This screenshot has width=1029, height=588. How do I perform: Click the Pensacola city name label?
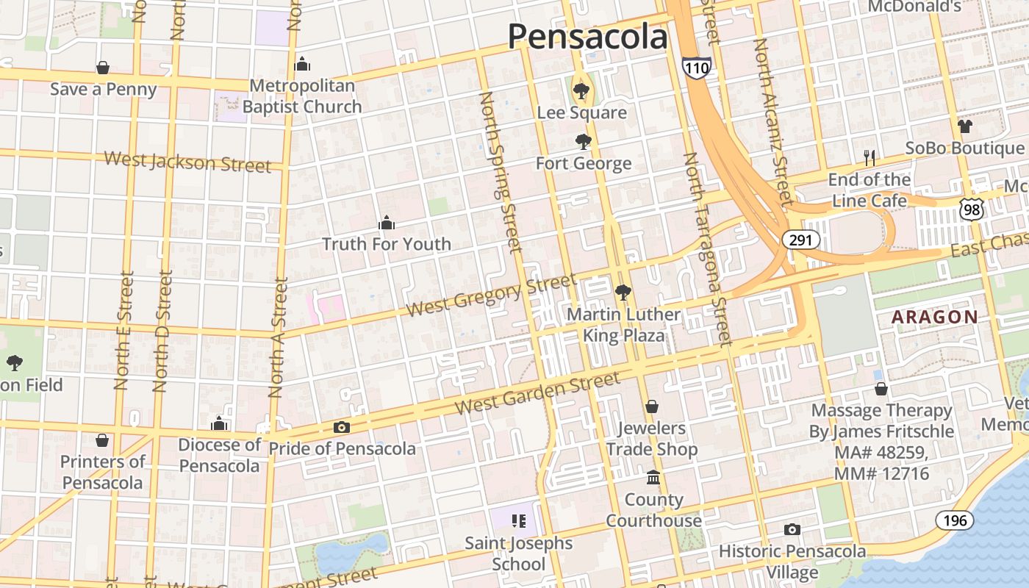(587, 36)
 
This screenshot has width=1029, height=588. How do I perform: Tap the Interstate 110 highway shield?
(696, 67)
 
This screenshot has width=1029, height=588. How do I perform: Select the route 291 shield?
(800, 240)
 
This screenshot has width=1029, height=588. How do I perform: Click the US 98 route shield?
(972, 209)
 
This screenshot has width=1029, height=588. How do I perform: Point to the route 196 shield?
(954, 520)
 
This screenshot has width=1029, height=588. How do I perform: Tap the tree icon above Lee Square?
(581, 91)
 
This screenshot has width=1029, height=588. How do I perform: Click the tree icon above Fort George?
(584, 141)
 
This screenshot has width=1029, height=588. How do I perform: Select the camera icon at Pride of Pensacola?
(341, 427)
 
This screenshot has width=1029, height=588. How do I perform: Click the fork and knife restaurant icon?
(869, 157)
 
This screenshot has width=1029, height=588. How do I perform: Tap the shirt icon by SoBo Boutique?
(964, 126)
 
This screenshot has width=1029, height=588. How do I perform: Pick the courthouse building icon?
(653, 478)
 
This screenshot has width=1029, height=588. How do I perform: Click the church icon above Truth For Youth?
(387, 223)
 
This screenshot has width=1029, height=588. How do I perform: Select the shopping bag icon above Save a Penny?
(103, 68)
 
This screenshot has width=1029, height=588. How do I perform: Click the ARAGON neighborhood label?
(934, 318)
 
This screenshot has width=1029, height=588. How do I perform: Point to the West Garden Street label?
(537, 393)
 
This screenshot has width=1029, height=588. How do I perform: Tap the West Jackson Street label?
(187, 162)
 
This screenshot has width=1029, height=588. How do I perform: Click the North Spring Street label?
(501, 172)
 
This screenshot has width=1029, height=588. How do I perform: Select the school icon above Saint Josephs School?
(518, 521)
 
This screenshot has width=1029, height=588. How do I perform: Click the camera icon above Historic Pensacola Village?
(792, 529)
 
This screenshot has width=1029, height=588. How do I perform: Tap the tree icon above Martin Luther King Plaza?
(623, 293)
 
